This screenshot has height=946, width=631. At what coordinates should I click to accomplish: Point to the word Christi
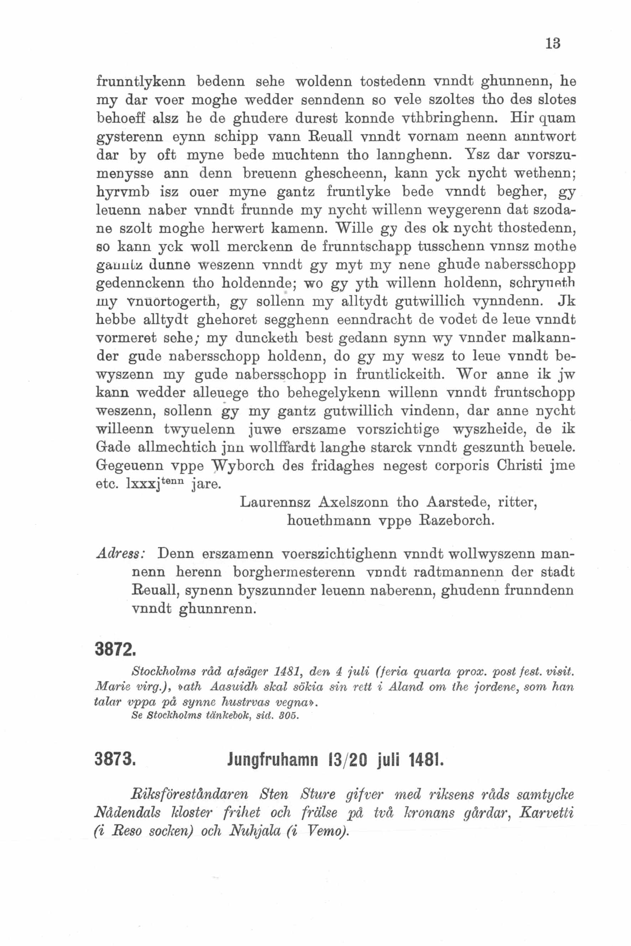pyautogui.click(x=522, y=466)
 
